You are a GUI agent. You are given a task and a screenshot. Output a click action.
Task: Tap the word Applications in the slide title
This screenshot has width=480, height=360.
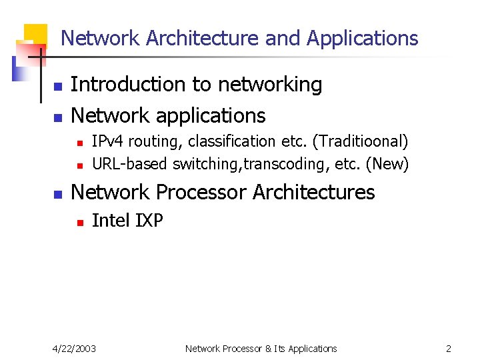(362, 39)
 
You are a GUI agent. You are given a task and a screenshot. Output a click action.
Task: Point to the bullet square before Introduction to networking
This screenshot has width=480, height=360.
(58, 87)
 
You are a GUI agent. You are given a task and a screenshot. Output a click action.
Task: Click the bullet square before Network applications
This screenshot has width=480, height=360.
(58, 118)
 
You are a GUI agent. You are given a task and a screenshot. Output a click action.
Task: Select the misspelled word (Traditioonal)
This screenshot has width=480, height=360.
(362, 141)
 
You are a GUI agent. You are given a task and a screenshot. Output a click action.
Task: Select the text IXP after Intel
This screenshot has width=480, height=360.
(149, 221)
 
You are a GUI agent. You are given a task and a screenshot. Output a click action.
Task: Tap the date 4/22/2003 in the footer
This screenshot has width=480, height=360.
(75, 349)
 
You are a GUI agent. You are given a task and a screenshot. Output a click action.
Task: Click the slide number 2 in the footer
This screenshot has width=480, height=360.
(449, 349)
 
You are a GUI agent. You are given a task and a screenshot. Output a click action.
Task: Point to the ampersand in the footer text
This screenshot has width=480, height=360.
(267, 349)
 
